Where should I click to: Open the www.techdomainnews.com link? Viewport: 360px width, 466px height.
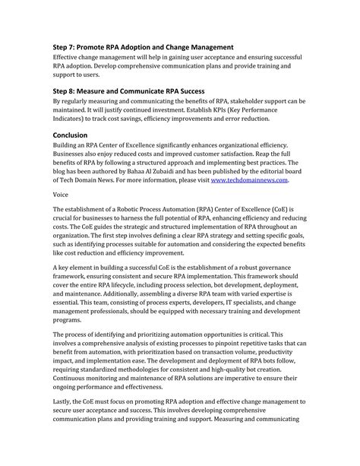pyautogui.click(x=249, y=180)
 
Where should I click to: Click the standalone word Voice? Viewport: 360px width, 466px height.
pyautogui.click(x=62, y=195)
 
